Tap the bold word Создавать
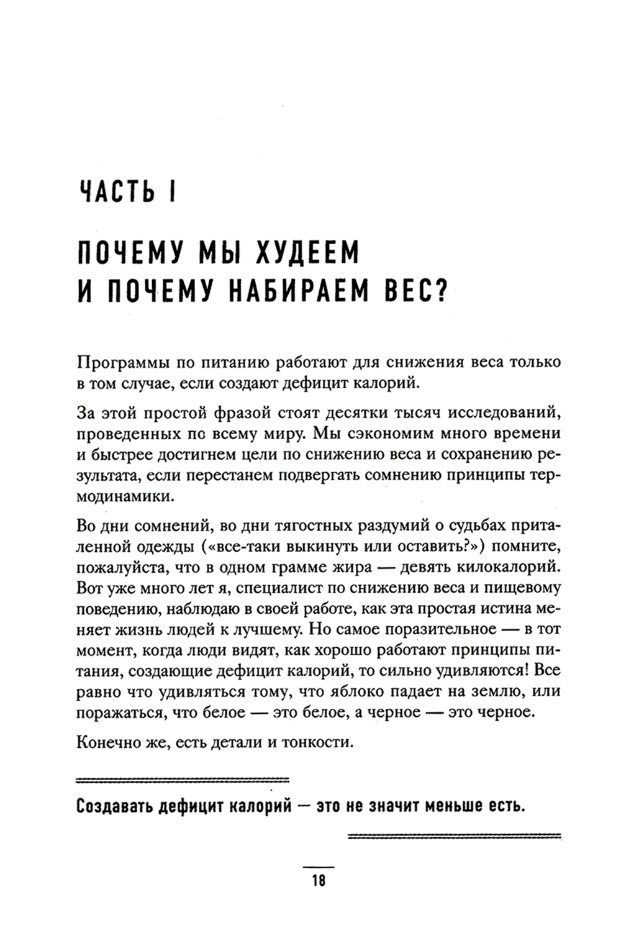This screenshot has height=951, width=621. [x=114, y=806]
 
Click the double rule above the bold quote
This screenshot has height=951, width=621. [x=182, y=778]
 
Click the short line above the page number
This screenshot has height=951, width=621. [x=319, y=867]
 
